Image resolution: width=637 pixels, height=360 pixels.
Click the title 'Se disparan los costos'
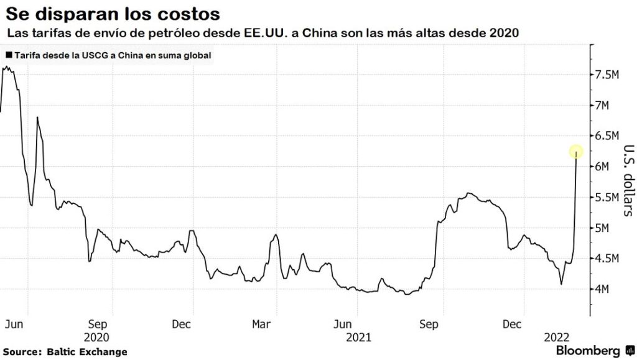(112, 12)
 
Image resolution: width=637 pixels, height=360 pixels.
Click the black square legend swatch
(8, 55)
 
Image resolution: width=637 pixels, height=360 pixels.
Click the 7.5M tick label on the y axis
(606, 75)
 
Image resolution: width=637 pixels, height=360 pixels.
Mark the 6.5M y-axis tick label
(606, 136)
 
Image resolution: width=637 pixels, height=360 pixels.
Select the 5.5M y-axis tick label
(606, 197)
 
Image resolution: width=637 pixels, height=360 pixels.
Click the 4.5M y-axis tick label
(606, 259)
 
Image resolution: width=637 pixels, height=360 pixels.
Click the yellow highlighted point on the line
(576, 151)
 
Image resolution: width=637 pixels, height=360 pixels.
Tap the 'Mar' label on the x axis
(262, 324)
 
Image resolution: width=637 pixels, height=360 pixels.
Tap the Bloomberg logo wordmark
(587, 351)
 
